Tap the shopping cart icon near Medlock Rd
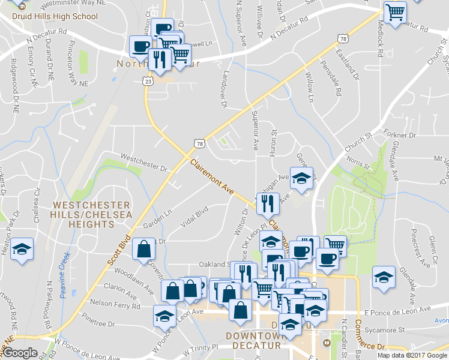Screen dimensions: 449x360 click(395, 12)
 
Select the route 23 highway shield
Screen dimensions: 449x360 click(148, 80)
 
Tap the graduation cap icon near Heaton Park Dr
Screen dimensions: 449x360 click(22, 249)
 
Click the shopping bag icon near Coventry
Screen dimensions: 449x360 click(144, 249)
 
